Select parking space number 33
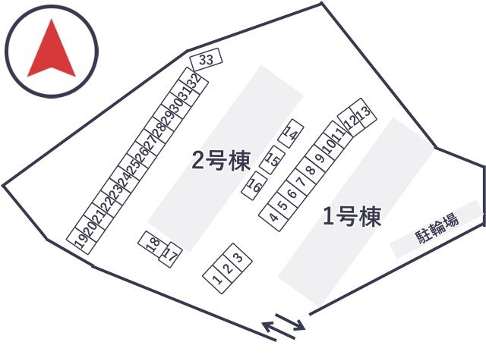[206, 59]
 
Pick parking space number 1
[218, 279]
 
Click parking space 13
[364, 112]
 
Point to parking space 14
[291, 133]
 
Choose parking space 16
[254, 185]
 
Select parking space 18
[153, 244]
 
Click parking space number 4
[273, 216]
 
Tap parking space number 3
[238, 258]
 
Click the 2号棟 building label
[221, 160]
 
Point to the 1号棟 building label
[352, 216]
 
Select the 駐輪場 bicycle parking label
[437, 229]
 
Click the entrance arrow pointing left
[279, 331]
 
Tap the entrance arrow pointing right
[290, 322]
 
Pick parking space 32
[196, 81]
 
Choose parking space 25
[134, 168]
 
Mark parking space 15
[273, 159]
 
